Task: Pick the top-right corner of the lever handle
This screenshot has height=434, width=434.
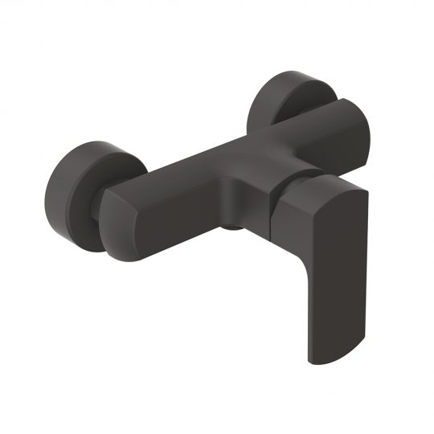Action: (366, 193)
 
